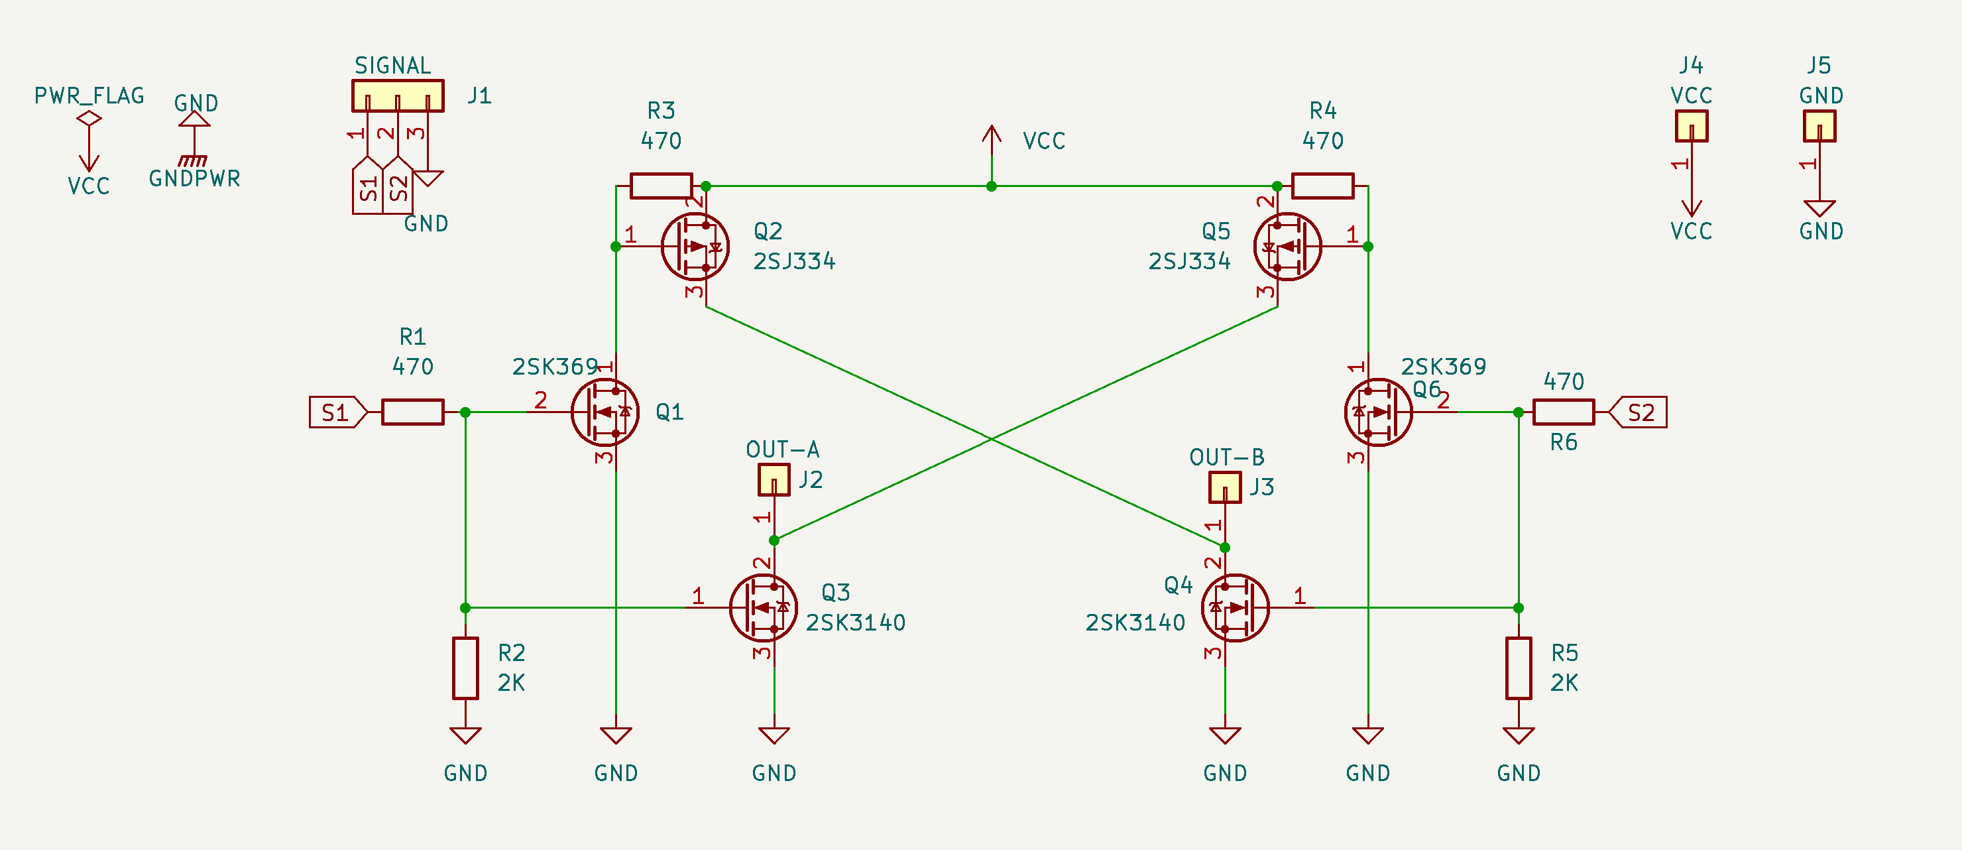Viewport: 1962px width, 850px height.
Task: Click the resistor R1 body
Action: click(412, 412)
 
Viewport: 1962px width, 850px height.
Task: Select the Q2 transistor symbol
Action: click(695, 247)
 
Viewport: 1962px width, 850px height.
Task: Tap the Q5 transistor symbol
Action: click(1287, 247)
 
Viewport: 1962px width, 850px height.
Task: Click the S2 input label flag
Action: click(1639, 412)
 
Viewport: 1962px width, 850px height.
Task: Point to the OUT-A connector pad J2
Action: click(774, 480)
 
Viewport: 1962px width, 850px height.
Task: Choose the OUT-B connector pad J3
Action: click(1225, 487)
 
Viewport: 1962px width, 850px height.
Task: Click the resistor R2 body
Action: click(465, 668)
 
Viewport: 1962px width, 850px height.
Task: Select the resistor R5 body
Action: click(1518, 668)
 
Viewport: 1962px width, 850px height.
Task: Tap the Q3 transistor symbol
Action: click(762, 608)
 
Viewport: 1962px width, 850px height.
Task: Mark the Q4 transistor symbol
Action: click(1235, 608)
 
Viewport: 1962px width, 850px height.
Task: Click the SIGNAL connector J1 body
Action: click(398, 96)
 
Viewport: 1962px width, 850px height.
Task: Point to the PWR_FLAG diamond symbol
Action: click(89, 118)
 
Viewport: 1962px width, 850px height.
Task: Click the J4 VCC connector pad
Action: click(1691, 127)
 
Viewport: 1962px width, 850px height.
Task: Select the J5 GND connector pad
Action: click(1819, 127)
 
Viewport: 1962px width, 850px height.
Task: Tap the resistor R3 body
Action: click(661, 186)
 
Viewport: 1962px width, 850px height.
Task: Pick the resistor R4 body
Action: click(1322, 186)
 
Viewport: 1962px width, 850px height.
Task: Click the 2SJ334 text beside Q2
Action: click(793, 261)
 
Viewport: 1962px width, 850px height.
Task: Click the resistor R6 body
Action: click(1563, 412)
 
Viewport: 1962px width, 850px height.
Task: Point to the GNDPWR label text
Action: click(194, 178)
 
